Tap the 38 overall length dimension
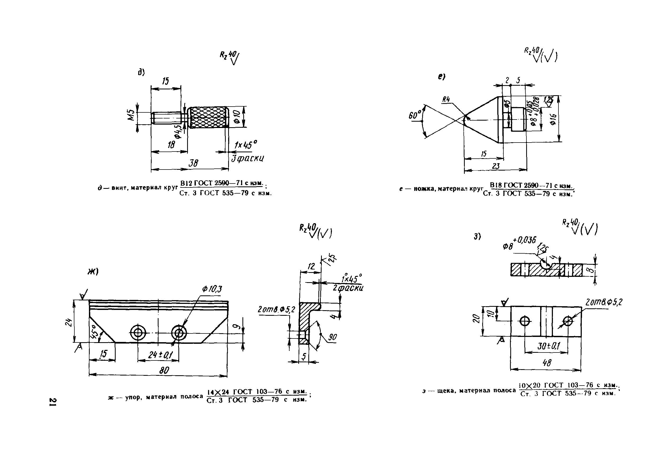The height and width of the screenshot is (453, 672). tap(193, 163)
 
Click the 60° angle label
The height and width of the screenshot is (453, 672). tap(414, 116)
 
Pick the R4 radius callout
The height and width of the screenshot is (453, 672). tap(446, 100)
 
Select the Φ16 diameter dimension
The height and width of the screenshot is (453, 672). tap(553, 119)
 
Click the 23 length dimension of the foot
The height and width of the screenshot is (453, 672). tap(496, 166)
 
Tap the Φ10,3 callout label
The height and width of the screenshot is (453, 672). tap(212, 289)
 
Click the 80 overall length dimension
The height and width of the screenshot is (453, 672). tap(164, 370)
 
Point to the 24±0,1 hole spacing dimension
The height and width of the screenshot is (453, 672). tap(158, 355)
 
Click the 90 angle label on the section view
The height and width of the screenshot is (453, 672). tap(332, 337)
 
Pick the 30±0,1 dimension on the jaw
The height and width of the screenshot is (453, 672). tap(545, 346)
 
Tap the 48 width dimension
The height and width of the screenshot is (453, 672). tap(547, 363)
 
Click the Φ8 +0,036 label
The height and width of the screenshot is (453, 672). tap(519, 243)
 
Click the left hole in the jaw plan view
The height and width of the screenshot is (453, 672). tap(525, 321)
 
